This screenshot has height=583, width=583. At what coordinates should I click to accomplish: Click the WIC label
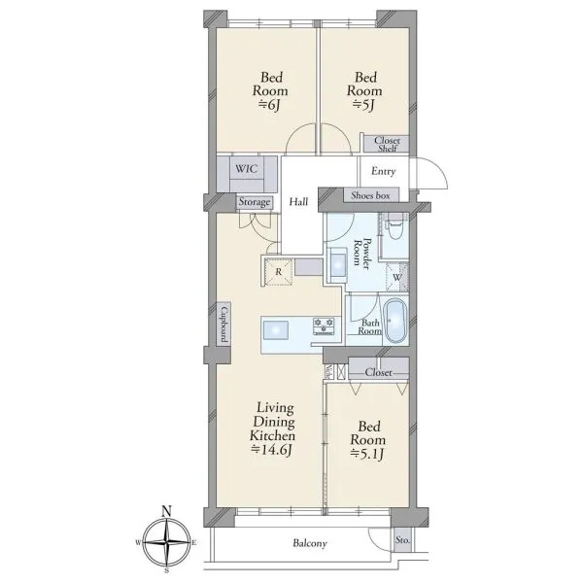tap(246, 169)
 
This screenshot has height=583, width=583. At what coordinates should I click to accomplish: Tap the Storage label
tap(255, 202)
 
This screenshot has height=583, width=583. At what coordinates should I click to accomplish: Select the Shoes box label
tap(370, 195)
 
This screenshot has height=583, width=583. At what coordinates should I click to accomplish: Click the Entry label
tap(384, 171)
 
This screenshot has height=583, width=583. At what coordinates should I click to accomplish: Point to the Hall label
tap(298, 202)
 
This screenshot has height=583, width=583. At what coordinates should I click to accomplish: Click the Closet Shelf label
tap(387, 144)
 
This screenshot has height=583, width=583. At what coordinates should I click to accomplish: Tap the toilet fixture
tap(394, 227)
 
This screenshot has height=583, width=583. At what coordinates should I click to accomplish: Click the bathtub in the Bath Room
tap(394, 321)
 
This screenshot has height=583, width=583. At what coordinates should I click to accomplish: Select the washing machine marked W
tap(397, 277)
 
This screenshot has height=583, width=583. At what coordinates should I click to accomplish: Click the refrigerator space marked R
tap(279, 272)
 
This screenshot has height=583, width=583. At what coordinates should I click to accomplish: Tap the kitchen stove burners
tap(325, 326)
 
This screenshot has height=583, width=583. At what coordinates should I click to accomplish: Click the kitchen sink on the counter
tap(276, 330)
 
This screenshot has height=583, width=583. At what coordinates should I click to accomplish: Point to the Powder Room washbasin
tap(338, 263)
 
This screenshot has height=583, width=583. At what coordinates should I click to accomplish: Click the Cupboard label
tap(223, 324)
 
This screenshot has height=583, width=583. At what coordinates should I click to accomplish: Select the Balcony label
tap(310, 543)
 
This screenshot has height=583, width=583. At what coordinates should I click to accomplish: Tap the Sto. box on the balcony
tap(402, 539)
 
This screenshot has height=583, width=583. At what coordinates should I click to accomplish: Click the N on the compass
tap(167, 511)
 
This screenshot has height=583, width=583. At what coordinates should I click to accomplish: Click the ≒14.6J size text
tap(271, 450)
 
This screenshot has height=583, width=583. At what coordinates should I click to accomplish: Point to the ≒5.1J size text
tap(367, 454)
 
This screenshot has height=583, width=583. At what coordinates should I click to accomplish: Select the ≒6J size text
tap(269, 105)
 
